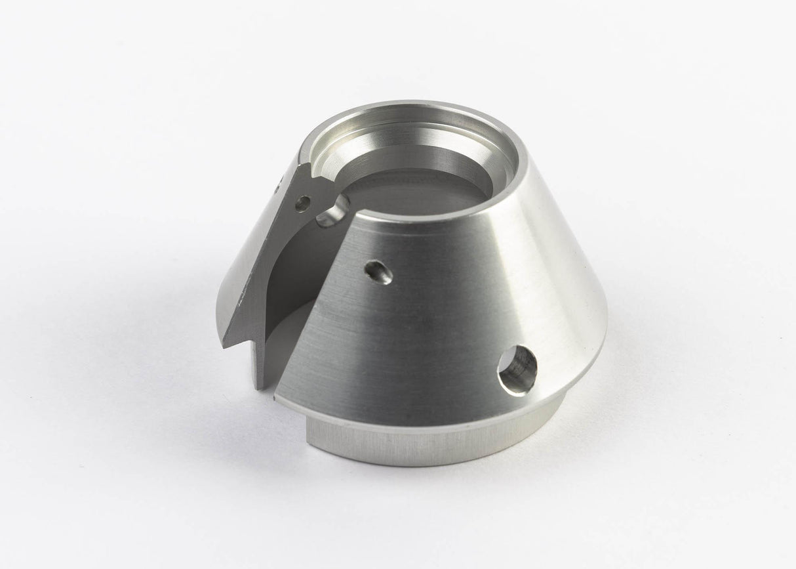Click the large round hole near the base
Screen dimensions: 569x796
(x=517, y=369)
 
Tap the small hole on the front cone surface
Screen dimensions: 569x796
(x=378, y=272)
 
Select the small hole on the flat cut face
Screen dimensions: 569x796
(x=302, y=203)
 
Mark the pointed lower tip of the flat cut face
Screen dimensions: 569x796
(x=225, y=345)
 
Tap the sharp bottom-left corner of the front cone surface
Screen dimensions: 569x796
(x=277, y=395)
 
